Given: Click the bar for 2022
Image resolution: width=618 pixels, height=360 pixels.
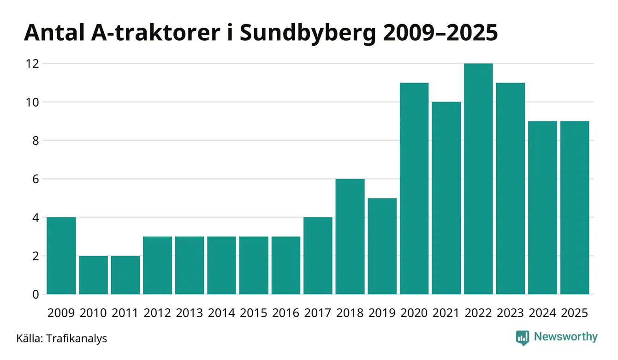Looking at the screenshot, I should tap(478, 179).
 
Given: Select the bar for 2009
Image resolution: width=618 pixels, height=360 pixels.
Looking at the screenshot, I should tap(61, 256).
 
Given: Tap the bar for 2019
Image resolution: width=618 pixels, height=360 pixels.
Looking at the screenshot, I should tap(382, 246).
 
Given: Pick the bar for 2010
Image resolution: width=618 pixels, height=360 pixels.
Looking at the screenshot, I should tap(93, 275).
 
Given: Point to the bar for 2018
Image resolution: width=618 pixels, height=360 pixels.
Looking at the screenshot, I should tap(350, 236).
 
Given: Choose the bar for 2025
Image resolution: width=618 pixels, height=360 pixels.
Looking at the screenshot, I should tap(575, 208).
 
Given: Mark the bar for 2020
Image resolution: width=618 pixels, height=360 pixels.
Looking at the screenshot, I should tap(414, 188).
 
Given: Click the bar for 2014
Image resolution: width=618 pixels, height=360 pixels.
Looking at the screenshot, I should tap(221, 265).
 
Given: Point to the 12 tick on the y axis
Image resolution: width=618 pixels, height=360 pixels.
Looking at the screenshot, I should tap(32, 63).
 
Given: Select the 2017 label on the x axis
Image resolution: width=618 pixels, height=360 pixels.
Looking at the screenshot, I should tap(318, 313).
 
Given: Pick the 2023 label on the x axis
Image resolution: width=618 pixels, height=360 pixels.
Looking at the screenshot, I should tap(511, 313).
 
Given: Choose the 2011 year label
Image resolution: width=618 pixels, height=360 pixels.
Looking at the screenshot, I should tap(125, 313).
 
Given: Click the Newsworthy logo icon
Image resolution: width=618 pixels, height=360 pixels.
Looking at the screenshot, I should tap(522, 337).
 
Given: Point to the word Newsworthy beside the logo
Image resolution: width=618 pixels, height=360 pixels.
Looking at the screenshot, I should tap(565, 337).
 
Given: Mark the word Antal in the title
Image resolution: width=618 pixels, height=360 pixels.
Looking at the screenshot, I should tap(51, 34).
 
